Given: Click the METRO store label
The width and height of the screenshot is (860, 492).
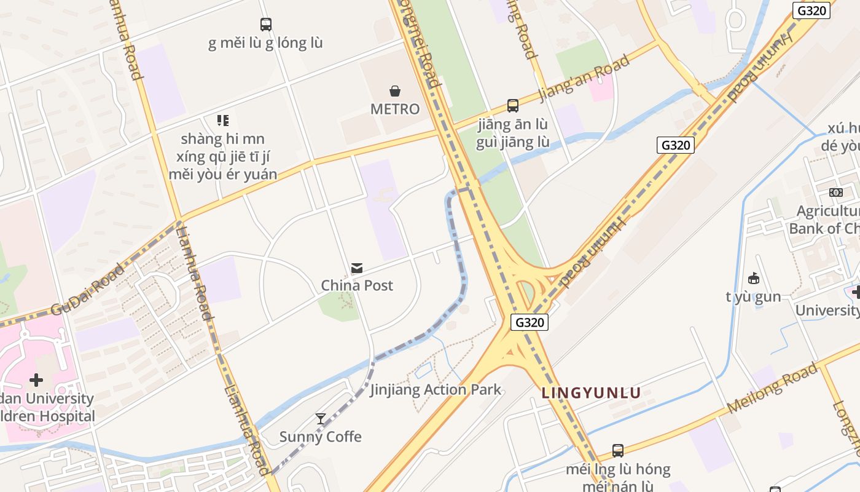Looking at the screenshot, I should pos(395,109).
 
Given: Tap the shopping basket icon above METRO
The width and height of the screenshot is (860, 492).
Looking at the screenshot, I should pos(395,91).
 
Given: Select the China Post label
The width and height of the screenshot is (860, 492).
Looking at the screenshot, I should pos(357,285).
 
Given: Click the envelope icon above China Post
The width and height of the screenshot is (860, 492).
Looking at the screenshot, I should pos(357,268).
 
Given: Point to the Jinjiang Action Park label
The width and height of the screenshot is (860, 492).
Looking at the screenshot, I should pos(436,389).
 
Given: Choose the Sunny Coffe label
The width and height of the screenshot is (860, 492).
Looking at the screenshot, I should pos(321,437).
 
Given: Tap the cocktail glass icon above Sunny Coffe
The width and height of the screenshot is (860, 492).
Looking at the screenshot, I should pos(321,419).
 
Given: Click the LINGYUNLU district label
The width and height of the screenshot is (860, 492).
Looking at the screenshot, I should pos(591,393).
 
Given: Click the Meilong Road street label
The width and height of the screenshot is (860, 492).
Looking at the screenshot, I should pos(773,388).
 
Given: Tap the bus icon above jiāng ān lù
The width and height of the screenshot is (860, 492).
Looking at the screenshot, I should pos(513,106).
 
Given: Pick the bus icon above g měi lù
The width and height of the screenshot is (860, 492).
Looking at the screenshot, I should pos(265,25).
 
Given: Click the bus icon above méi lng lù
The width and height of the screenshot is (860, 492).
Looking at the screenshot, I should pos(618,451).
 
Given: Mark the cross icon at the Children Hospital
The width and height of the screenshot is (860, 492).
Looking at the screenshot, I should pos(36,380).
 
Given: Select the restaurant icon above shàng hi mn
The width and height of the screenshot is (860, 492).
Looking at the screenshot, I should pos(222,121).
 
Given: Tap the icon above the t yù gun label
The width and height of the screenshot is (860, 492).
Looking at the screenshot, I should pos(754,279).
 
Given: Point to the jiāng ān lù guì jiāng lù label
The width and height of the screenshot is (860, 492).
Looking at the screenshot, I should pos(513,133).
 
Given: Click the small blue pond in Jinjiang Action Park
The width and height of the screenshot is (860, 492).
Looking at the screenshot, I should pos(423,370).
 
